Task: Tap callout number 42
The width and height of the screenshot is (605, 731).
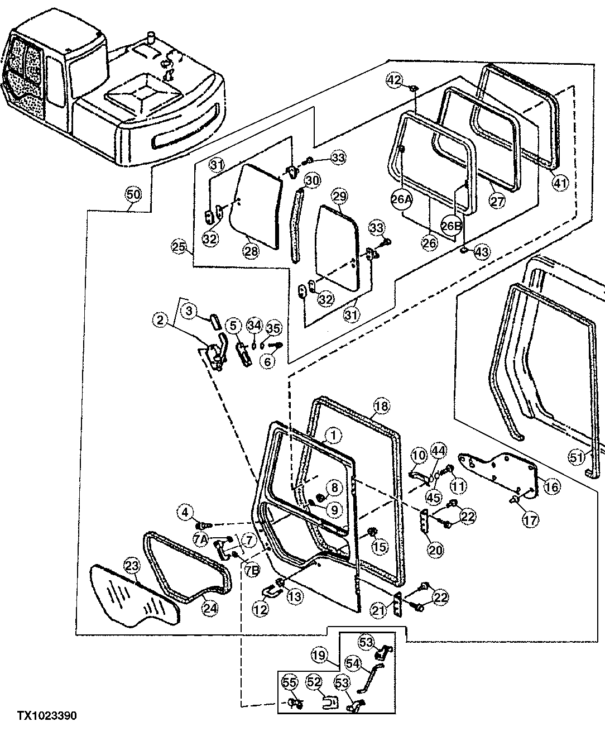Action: [x=395, y=80]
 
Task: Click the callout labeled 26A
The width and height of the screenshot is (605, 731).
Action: [x=402, y=199]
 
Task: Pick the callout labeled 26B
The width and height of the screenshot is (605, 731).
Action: [x=452, y=225]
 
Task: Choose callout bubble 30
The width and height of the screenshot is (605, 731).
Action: [x=312, y=180]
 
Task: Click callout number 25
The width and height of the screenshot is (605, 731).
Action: [x=178, y=246]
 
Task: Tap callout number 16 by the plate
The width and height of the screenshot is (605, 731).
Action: [x=551, y=487]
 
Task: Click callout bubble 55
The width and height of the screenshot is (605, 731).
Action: [x=290, y=682]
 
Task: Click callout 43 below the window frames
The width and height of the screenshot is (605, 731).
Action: [x=481, y=252]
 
